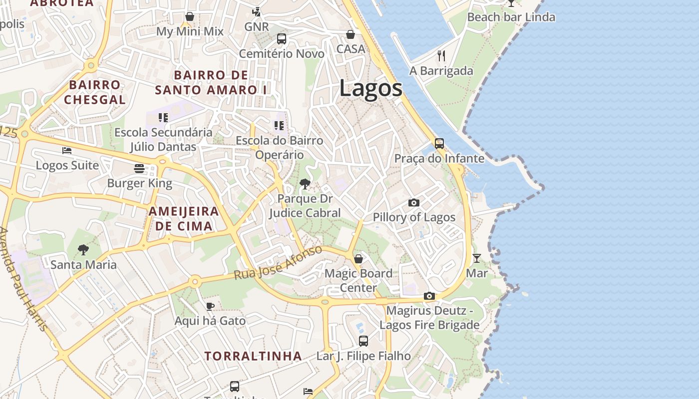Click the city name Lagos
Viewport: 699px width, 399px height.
(370, 89)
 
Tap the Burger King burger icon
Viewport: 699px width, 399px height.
(139, 168)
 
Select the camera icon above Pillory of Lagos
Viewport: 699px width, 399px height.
(414, 202)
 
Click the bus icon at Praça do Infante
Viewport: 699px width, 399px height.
(439, 144)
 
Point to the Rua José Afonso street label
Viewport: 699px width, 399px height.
(278, 263)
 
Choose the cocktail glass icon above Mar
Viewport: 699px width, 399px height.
(477, 258)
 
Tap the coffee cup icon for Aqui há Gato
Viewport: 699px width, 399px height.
(210, 306)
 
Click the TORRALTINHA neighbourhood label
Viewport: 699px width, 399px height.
(253, 356)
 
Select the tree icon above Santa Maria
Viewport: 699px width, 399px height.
(83, 249)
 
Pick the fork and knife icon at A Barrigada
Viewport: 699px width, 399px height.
(441, 55)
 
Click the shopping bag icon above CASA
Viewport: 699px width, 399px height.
(350, 34)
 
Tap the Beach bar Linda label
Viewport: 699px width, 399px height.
(511, 17)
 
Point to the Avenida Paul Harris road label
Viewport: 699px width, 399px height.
(24, 279)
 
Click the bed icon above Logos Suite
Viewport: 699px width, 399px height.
(67, 150)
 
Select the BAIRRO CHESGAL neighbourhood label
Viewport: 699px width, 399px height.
(95, 92)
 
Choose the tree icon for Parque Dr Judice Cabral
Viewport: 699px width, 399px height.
(305, 184)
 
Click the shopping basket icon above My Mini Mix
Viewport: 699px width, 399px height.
(190, 16)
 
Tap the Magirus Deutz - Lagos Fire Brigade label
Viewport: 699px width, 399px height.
(429, 318)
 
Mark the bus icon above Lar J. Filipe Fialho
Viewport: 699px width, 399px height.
(363, 341)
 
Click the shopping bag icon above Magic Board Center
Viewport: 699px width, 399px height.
(358, 259)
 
